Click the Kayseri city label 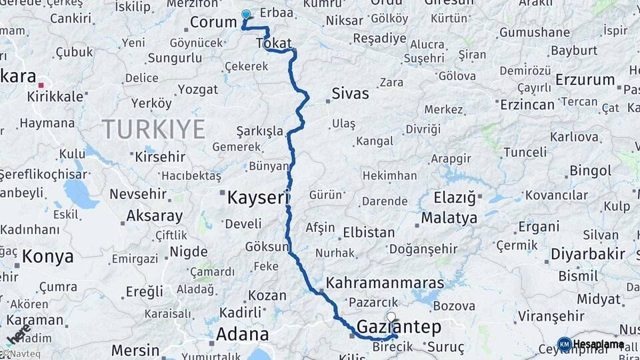[258, 198]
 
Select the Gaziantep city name [399, 327]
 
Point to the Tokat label [273, 44]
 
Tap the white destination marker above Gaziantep [391, 317]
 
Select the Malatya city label [449, 218]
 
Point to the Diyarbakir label [588, 254]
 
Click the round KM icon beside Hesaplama [564, 344]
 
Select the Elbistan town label [369, 233]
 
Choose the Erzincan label [527, 105]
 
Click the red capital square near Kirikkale [41, 85]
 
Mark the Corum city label [213, 23]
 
